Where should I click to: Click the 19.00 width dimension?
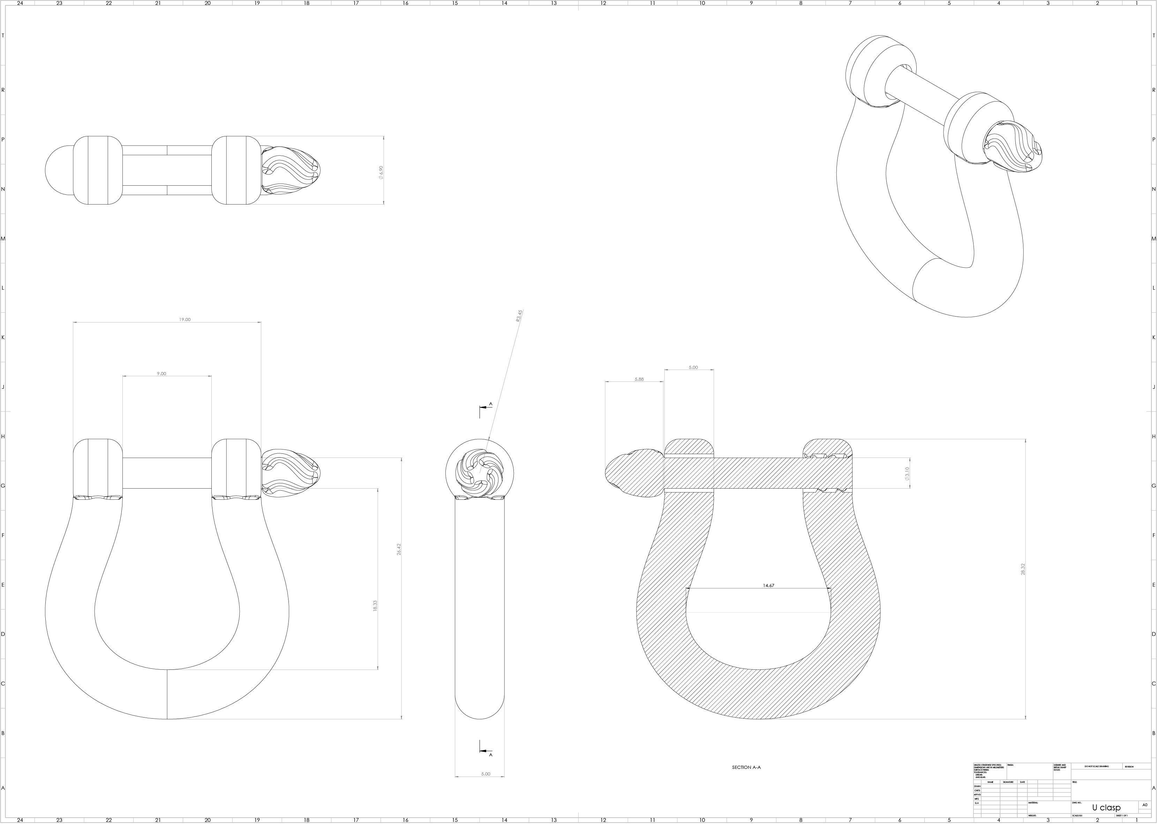point(185,320)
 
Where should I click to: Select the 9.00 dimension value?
point(161,373)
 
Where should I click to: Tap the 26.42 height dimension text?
point(398,549)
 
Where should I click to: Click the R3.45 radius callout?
point(519,316)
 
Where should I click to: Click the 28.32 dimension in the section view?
point(1023,569)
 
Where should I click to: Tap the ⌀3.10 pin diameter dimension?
point(907,474)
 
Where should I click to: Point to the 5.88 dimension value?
point(639,379)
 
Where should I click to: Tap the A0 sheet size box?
point(1145,805)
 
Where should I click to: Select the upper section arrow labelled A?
point(484,408)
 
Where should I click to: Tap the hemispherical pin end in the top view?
point(59,170)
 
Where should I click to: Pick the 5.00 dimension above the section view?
point(693,368)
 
